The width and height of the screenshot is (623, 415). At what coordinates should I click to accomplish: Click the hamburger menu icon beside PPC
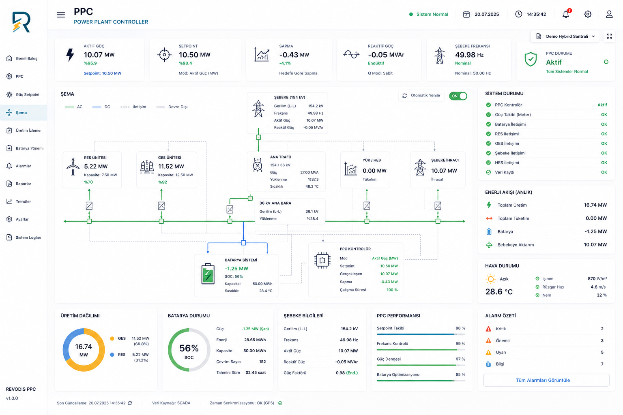[60, 15]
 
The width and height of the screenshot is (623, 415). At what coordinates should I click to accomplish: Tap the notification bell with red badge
[566, 14]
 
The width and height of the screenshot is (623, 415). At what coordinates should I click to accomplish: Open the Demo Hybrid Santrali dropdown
[566, 36]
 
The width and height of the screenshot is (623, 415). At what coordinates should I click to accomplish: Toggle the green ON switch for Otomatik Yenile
[458, 96]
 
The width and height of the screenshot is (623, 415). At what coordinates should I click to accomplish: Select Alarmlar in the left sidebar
[24, 166]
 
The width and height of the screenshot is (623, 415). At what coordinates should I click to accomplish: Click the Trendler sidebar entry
[23, 201]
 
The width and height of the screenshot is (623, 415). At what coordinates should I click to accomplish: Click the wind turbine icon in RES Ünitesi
[73, 167]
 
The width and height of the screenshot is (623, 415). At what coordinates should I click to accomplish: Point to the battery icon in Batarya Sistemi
[208, 274]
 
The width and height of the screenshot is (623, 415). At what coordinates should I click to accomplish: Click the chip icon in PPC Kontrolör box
[322, 260]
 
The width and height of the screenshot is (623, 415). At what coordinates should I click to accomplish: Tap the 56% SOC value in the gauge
[189, 348]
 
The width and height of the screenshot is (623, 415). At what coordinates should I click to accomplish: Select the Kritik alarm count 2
[602, 329]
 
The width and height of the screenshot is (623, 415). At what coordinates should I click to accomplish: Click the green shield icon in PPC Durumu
[531, 59]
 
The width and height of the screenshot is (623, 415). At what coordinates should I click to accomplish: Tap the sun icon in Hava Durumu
[491, 279]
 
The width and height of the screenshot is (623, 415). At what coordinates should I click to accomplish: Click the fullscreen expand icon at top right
[609, 36]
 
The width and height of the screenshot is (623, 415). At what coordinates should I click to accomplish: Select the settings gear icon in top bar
[588, 14]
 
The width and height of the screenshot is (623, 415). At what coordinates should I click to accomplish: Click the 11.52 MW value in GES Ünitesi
[171, 167]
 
